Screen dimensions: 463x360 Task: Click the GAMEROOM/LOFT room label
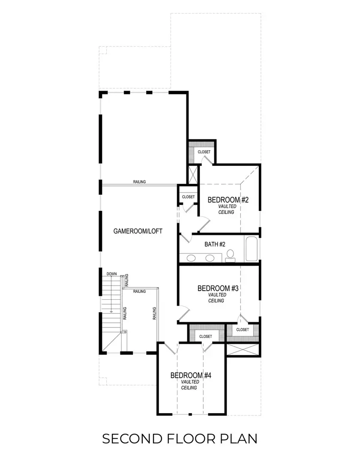[x=138, y=231]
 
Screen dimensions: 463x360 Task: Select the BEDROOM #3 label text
[x=218, y=289]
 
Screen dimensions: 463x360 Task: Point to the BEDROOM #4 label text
[x=191, y=376]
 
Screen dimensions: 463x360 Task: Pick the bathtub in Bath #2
[x=252, y=249]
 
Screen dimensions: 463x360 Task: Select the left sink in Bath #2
[x=192, y=258]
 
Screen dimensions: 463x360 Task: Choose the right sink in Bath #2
[x=210, y=258]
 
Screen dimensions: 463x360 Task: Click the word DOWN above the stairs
[x=112, y=274]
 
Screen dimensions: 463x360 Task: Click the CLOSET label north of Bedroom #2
[x=204, y=152]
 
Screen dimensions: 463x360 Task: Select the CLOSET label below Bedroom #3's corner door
[x=242, y=330]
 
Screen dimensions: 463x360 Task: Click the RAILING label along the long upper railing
[x=139, y=182]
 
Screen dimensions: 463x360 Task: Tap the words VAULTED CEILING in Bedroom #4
[x=189, y=385]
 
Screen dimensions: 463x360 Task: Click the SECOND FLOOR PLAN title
[x=180, y=439]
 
